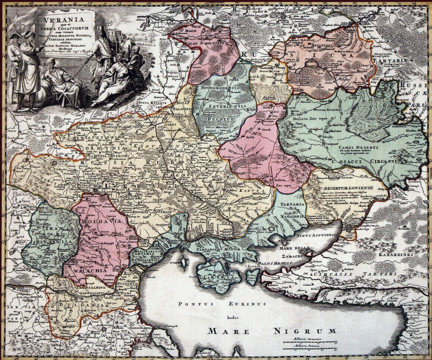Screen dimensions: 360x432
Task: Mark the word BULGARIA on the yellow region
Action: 79,304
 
